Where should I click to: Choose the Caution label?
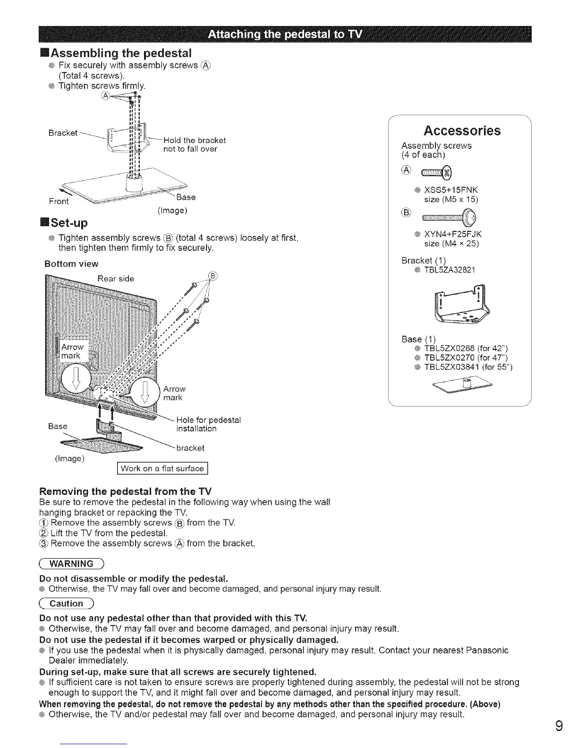click(x=68, y=603)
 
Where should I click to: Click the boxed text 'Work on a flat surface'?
click(x=162, y=468)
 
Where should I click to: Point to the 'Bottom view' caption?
click(x=71, y=263)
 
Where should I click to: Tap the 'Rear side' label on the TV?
click(x=116, y=279)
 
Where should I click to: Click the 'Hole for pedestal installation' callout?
click(x=208, y=424)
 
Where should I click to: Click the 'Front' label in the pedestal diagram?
click(x=59, y=201)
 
